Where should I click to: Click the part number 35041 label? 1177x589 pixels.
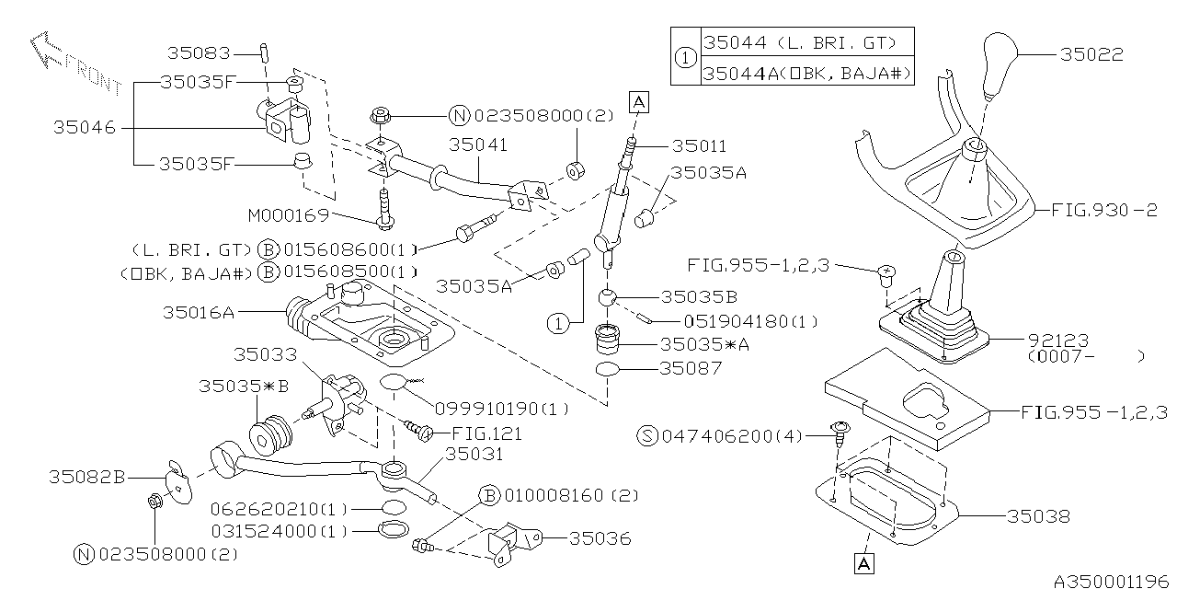478,145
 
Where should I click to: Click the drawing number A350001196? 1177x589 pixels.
1113,581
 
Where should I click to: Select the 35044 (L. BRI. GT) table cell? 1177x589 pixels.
796,42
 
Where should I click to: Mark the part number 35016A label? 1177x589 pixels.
198,312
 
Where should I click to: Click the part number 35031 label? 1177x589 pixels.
474,456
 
